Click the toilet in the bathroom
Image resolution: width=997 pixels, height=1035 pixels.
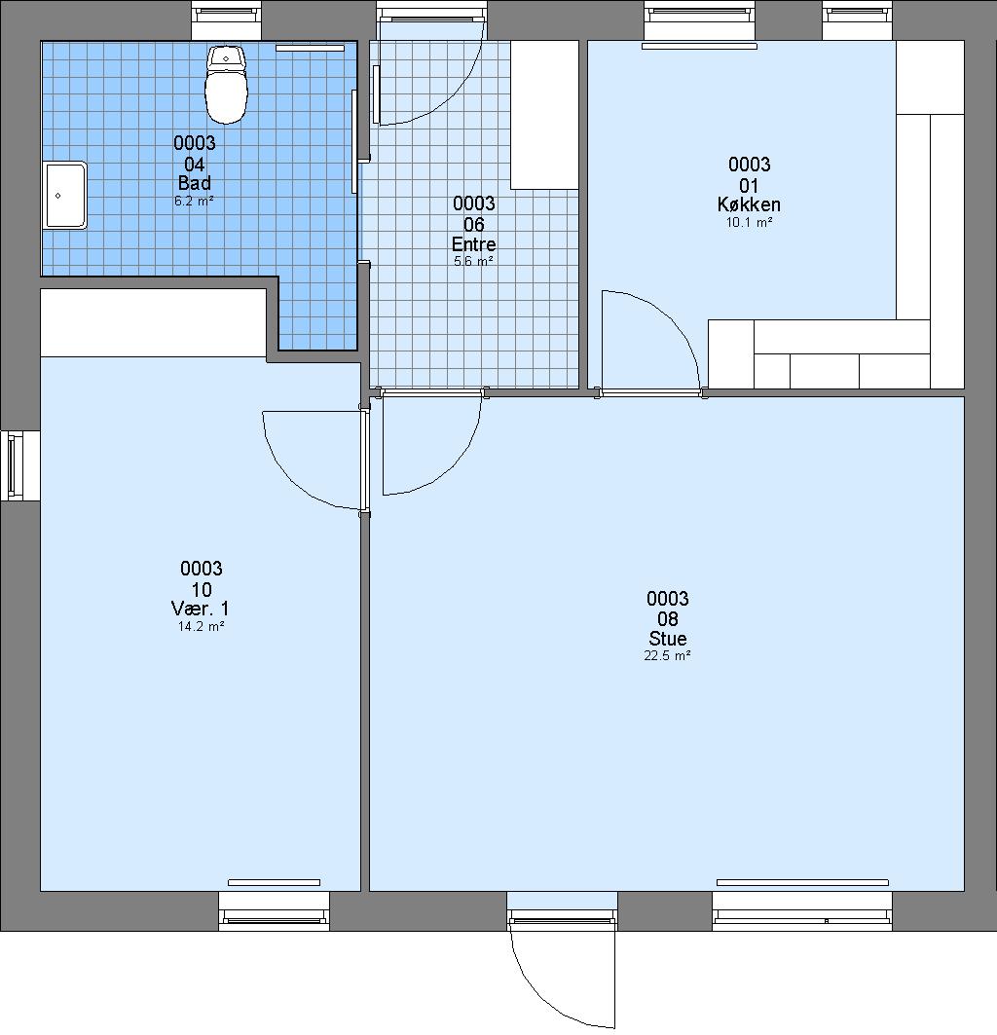click(227, 85)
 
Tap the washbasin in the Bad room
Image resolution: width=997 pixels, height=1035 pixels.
click(64, 196)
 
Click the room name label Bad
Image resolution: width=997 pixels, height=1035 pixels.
click(194, 183)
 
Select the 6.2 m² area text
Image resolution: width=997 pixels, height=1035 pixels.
click(194, 201)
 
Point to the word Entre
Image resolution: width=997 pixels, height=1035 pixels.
click(473, 244)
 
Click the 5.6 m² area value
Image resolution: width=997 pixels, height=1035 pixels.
click(473, 261)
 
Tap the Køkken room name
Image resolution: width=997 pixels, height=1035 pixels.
click(749, 204)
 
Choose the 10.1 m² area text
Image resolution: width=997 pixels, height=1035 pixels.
click(749, 222)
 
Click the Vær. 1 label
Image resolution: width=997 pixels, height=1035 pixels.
click(200, 609)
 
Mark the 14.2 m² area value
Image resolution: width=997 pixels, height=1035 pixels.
click(201, 626)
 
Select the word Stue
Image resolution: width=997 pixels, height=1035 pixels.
click(668, 639)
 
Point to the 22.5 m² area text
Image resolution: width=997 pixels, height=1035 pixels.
click(668, 655)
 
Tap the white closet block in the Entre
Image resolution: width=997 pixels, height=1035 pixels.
click(544, 115)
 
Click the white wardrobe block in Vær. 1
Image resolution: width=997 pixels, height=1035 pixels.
click(153, 323)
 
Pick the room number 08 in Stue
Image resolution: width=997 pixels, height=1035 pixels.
click(668, 618)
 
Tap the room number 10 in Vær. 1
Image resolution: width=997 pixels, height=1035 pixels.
click(201, 589)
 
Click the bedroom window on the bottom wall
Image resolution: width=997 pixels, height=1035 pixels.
click(274, 911)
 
